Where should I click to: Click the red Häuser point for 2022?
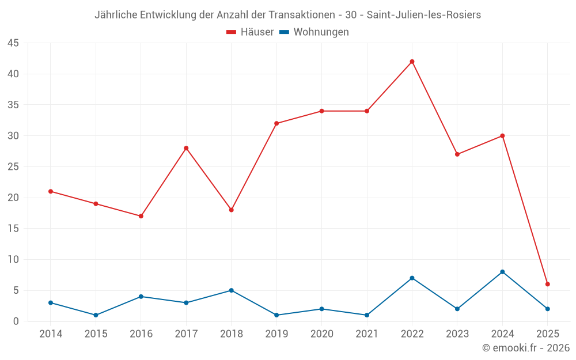pos(412,62)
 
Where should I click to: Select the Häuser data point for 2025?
pos(548,284)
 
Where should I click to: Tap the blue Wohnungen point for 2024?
pos(502,272)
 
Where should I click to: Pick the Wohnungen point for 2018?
pos(231,290)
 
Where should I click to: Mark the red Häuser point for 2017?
pos(186,148)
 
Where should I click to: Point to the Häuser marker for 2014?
pos(51,191)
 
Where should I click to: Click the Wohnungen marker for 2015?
pos(96,315)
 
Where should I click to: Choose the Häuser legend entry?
pos(250,32)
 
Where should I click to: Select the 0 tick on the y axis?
pos(16,321)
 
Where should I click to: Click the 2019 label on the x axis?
pos(276,334)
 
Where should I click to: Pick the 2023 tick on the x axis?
pos(457,334)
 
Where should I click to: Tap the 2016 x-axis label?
pos(141,334)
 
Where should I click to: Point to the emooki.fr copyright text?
pos(526,348)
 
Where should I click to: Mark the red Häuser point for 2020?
pos(321,111)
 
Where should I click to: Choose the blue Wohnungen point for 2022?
pos(412,278)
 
